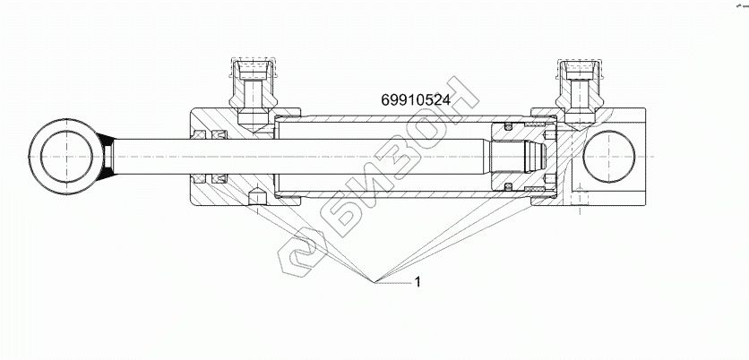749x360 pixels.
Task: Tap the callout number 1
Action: click(x=418, y=282)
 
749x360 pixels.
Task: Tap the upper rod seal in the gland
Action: click(x=216, y=135)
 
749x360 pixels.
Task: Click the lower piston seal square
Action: click(x=508, y=187)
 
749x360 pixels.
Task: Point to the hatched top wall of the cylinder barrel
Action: click(x=394, y=117)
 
